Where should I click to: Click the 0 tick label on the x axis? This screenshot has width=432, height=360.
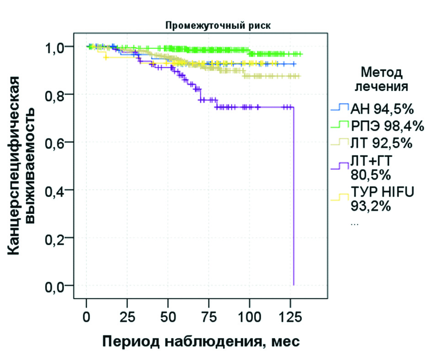click(x=86, y=316)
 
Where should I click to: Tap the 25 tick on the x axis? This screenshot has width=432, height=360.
click(x=128, y=316)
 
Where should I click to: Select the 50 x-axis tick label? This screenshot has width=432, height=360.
click(x=168, y=316)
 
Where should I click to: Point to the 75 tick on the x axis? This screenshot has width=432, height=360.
click(x=209, y=316)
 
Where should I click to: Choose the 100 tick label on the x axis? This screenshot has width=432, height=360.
click(x=250, y=316)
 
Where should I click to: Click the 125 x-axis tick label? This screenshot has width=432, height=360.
click(x=290, y=316)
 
